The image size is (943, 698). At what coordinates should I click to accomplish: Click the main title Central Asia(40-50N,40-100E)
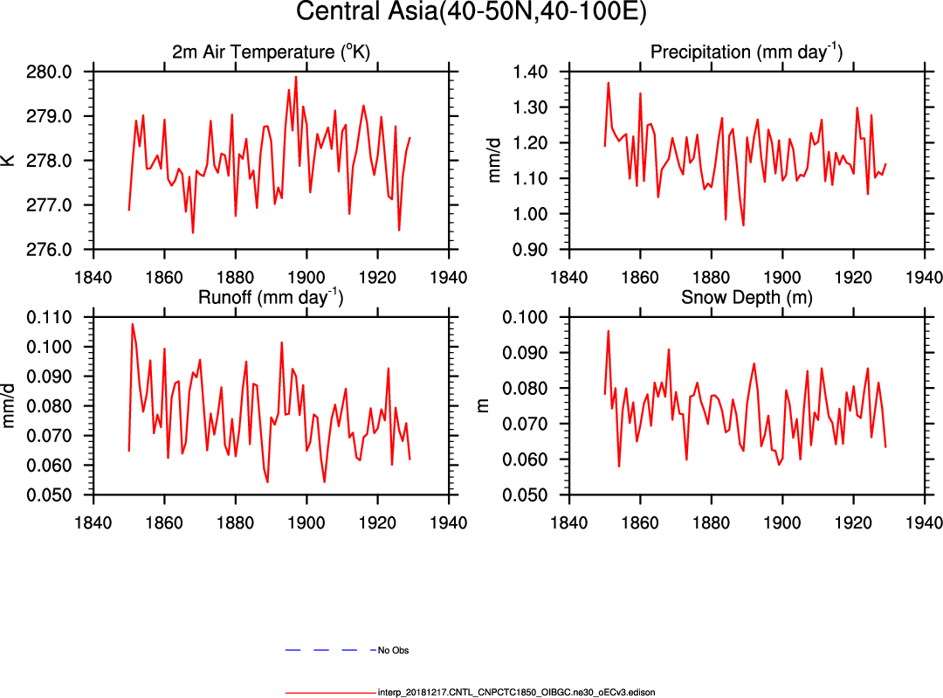(471, 12)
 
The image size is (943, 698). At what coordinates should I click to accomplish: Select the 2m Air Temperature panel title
(271, 52)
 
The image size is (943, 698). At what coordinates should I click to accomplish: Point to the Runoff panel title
(271, 298)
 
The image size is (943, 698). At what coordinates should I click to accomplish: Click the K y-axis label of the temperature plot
(9, 161)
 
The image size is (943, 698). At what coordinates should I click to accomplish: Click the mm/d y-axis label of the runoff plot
(10, 406)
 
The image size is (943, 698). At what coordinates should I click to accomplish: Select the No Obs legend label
(393, 651)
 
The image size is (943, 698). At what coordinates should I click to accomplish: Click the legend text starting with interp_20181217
(516, 692)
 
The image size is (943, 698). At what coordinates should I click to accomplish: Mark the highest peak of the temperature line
(296, 77)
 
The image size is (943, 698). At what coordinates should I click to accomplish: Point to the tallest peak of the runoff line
(133, 324)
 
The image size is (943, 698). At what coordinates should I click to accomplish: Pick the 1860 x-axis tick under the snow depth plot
(640, 510)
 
